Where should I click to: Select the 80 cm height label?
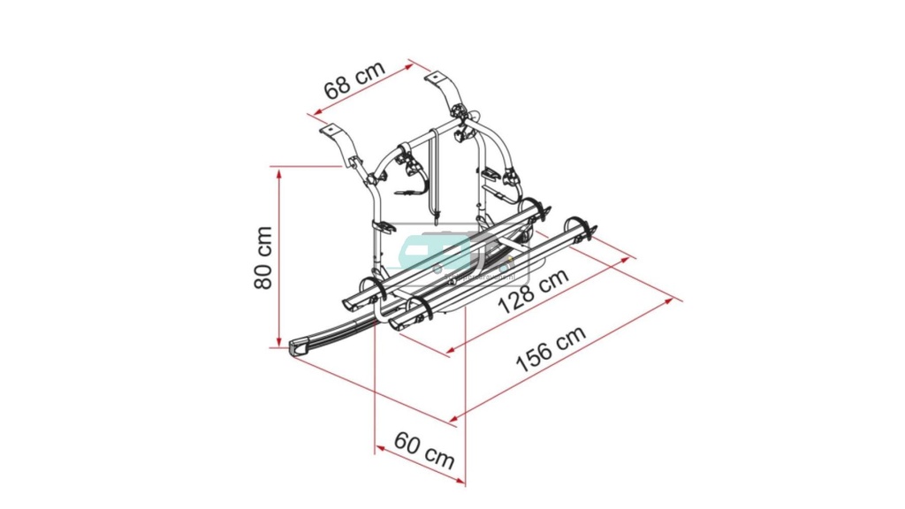tap(262, 256)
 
